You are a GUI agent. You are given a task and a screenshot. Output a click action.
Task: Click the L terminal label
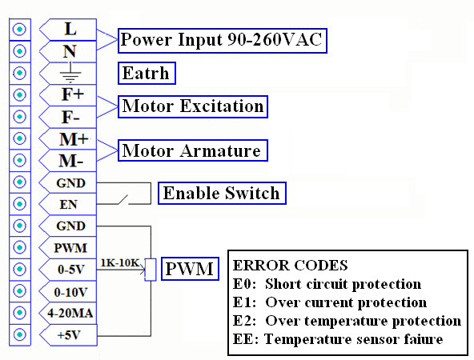[70, 30]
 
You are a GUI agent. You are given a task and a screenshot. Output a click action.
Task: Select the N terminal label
[70, 51]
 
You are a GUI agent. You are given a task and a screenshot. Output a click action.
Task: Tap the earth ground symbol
[70, 74]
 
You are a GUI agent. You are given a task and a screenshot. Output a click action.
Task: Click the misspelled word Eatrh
[147, 73]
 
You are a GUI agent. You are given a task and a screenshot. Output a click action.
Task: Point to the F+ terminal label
[73, 94]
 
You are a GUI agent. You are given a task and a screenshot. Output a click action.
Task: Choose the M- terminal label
[71, 161]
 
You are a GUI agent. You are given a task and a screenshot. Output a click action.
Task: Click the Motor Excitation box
[192, 106]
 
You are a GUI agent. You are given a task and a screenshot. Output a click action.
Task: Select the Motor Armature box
[192, 150]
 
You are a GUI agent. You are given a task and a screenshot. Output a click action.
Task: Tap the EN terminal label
[68, 205]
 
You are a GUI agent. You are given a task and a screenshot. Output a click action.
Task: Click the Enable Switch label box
[222, 193]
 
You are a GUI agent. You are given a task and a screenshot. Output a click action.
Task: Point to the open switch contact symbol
[123, 200]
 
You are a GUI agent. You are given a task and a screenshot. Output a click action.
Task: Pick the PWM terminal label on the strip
[70, 248]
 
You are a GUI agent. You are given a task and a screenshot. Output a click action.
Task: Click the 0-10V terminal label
[70, 292]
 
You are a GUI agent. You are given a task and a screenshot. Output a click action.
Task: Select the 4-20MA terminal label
[70, 313]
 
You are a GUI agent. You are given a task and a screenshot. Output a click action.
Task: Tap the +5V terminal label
[69, 335]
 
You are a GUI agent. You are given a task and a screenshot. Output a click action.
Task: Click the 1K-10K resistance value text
[120, 262]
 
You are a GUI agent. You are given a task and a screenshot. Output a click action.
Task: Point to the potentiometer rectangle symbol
[151, 270]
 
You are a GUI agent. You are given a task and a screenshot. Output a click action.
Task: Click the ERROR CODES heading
[290, 266]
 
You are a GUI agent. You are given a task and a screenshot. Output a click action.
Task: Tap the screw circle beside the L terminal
[20, 30]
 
